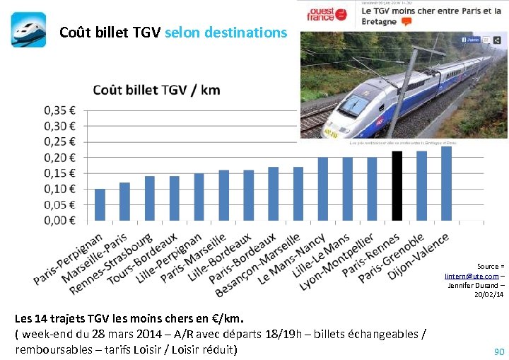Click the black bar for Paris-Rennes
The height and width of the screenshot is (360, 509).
[x=397, y=185]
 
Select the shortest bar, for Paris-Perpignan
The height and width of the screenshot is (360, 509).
[x=100, y=204]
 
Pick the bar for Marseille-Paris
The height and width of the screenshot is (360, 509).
[x=124, y=201]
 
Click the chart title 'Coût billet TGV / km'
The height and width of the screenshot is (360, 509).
[x=156, y=90]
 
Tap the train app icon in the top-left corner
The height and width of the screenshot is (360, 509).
[x=28, y=30]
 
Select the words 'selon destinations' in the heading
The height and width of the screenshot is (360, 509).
[x=226, y=33]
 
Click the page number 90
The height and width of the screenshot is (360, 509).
[x=499, y=351]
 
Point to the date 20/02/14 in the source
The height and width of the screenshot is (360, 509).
[x=488, y=295]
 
